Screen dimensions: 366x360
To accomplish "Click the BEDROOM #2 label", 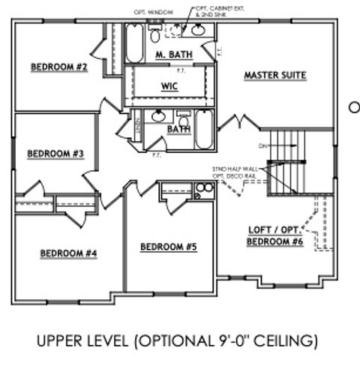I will (x=59, y=67).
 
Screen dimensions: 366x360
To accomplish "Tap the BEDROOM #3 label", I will (x=55, y=154).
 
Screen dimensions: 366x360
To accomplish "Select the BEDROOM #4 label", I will (x=68, y=253).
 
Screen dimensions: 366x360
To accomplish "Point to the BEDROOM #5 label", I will (x=169, y=246).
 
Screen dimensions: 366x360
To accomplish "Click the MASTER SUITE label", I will (x=274, y=75).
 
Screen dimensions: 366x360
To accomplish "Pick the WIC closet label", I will (x=169, y=86).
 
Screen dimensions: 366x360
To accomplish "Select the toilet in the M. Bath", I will (x=155, y=34).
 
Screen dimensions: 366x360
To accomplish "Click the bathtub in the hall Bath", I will (x=204, y=129).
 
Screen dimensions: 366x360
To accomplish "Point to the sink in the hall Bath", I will (x=159, y=117).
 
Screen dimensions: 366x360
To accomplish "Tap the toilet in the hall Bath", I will (x=182, y=120).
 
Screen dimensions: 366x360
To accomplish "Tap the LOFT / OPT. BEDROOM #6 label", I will (x=276, y=236).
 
